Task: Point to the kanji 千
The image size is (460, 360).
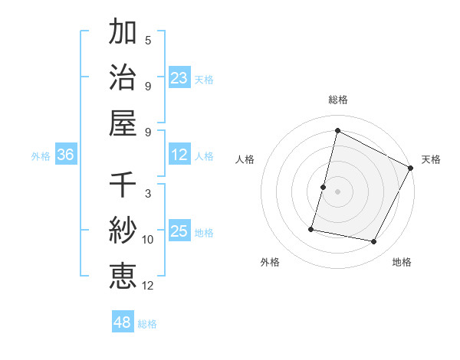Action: click(123, 185)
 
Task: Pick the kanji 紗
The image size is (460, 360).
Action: click(123, 230)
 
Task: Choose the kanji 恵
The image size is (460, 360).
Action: click(123, 275)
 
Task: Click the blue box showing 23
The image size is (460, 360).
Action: click(179, 78)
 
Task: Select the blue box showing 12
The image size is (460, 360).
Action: click(179, 155)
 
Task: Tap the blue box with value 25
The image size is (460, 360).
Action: click(179, 231)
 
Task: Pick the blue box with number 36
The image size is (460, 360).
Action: click(66, 155)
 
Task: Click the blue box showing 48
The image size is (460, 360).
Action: click(123, 322)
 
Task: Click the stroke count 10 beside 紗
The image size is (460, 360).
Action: click(148, 240)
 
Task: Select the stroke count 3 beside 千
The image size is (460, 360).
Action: click(148, 194)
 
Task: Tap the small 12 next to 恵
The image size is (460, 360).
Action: click(148, 286)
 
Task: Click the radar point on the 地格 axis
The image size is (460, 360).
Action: click(374, 242)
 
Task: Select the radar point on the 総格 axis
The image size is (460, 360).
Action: click(337, 131)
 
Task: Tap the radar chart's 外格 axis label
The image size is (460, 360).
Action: click(270, 262)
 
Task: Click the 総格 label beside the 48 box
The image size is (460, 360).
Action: click(148, 324)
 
